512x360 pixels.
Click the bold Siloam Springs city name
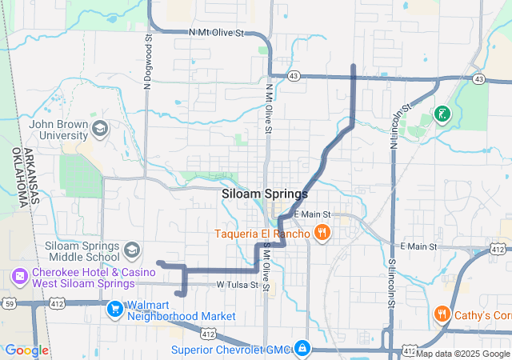tap(263, 194)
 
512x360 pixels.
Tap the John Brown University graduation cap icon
tap(100, 128)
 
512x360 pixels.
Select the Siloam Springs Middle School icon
tap(131, 251)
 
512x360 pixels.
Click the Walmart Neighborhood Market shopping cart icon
tap(115, 309)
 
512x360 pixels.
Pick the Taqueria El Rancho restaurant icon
tap(322, 234)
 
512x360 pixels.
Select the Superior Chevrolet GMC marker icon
tap(302, 349)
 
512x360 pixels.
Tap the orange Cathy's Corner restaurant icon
tap(441, 314)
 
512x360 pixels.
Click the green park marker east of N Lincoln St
tap(441, 114)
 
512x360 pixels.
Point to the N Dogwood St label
tap(149, 57)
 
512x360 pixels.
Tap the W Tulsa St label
tap(238, 285)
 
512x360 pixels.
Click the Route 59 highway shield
tap(9, 303)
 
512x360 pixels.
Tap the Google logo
tap(26, 350)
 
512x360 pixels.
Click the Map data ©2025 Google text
tap(462, 354)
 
